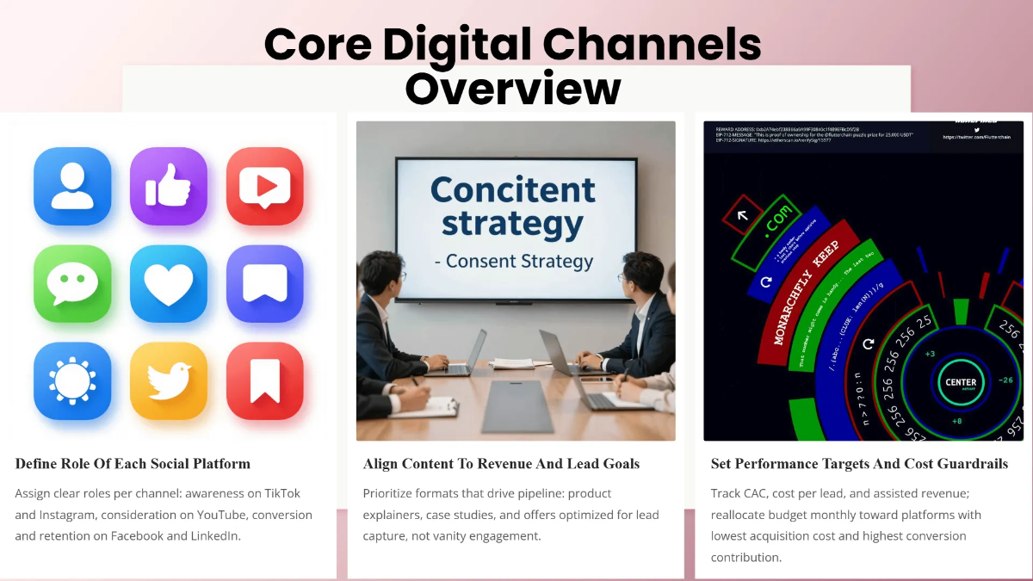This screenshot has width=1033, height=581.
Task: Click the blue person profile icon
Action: point(72,186)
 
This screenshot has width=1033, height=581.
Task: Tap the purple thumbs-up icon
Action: point(169,186)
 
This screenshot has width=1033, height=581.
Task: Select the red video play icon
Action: point(265,186)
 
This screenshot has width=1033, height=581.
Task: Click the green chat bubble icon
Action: point(72,283)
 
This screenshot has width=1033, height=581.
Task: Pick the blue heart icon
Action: point(169,283)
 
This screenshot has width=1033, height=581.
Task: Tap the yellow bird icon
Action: point(169,380)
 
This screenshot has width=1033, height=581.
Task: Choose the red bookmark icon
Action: point(265,380)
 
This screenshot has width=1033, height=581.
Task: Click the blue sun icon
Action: point(72,380)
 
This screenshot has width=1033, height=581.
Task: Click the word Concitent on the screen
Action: point(513,189)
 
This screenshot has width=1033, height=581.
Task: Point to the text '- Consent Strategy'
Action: point(514,261)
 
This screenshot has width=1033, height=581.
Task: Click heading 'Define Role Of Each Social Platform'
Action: point(133,464)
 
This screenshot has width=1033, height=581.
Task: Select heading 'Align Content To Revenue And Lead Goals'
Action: point(501,464)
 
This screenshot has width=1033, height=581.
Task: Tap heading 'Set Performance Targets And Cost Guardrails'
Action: point(859,464)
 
